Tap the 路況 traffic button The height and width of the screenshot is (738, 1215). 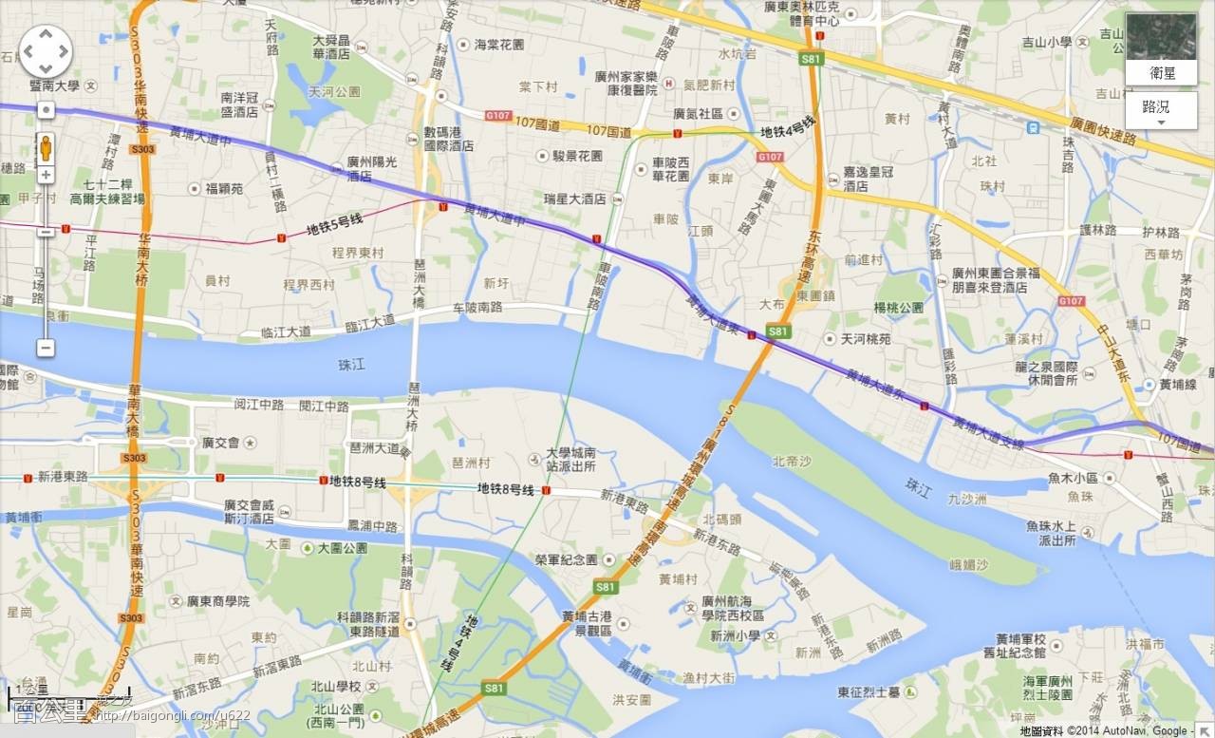click(1160, 108)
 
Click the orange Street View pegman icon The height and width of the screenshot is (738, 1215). click(46, 148)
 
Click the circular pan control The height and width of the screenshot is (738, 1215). click(45, 51)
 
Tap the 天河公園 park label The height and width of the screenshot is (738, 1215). click(334, 92)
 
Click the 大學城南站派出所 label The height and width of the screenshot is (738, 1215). click(570, 460)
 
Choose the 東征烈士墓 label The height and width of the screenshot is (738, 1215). click(869, 691)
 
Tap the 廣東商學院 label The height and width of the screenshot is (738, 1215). click(217, 601)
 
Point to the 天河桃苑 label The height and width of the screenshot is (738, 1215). click(865, 339)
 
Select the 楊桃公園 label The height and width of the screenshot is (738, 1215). click(899, 308)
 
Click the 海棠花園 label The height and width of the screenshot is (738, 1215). click(498, 44)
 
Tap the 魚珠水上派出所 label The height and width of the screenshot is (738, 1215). click(1049, 533)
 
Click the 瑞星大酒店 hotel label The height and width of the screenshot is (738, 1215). click(574, 199)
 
